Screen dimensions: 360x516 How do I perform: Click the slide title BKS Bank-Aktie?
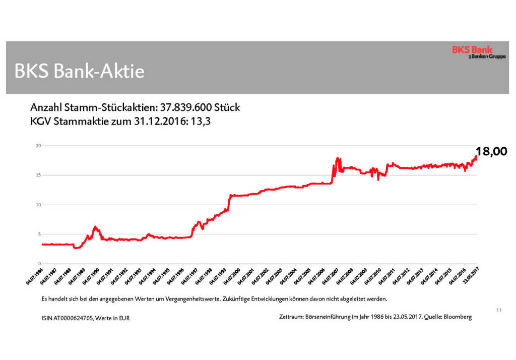(80, 71)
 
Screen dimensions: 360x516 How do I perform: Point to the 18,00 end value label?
(491, 152)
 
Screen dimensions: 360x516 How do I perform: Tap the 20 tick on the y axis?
(37, 146)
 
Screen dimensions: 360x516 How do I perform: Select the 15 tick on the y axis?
(37, 175)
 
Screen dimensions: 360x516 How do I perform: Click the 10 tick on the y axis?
(37, 205)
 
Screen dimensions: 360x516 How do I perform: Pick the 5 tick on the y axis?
(38, 234)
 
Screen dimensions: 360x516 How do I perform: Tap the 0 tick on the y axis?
(38, 264)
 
